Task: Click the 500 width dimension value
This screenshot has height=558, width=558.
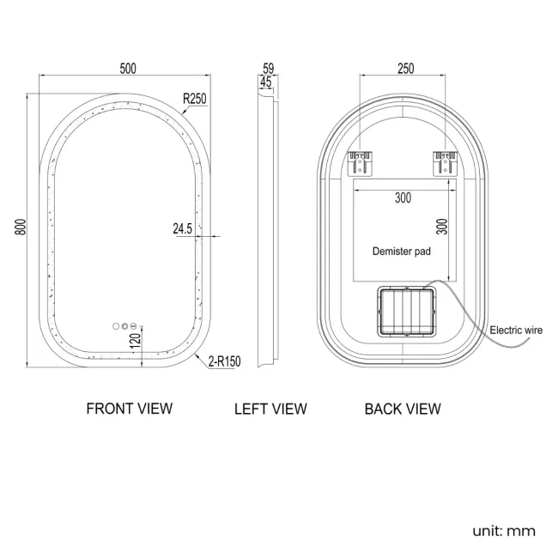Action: (x=128, y=69)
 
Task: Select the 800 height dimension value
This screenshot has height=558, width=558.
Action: (x=21, y=227)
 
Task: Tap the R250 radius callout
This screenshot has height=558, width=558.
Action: (x=195, y=99)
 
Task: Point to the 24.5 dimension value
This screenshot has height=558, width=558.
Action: (x=183, y=228)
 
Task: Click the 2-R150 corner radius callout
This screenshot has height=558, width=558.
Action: (x=225, y=361)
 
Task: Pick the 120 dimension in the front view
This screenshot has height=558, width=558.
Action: (x=136, y=341)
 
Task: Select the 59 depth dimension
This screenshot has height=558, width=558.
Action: (x=269, y=68)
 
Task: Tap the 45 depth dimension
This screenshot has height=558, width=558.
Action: (x=266, y=82)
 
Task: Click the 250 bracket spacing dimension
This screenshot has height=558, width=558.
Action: (x=406, y=69)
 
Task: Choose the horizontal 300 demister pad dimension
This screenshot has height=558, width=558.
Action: (x=403, y=197)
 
